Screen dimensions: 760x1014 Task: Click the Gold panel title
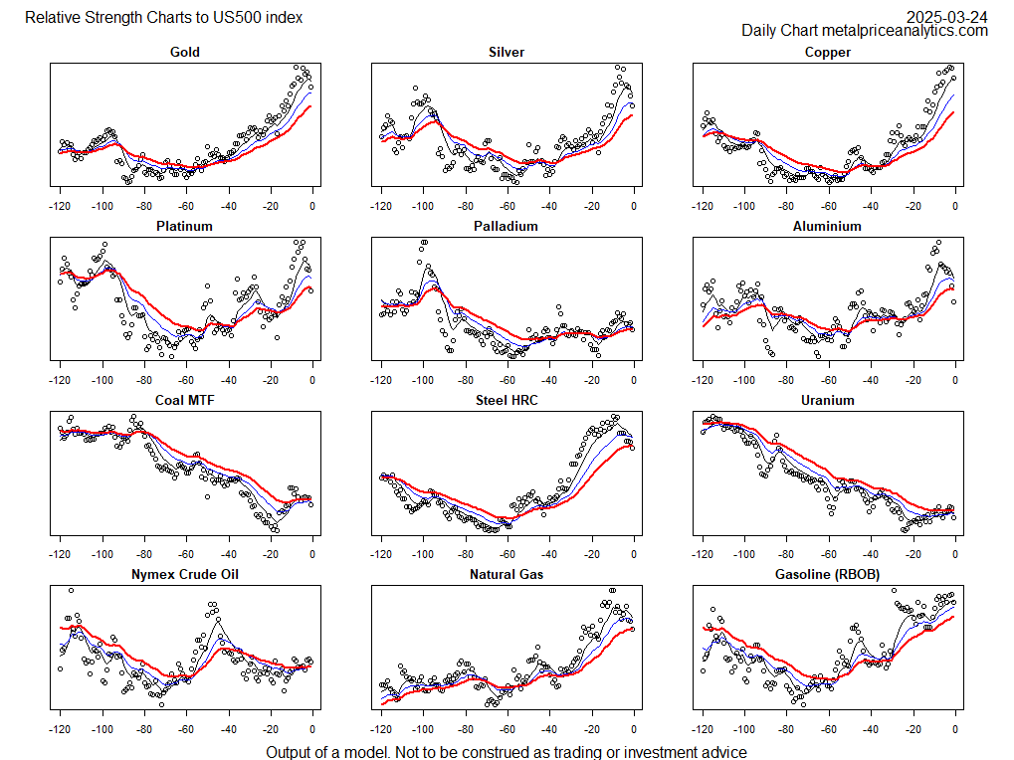(185, 52)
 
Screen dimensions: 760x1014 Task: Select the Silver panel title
(507, 52)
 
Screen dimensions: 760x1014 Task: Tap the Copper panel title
(828, 52)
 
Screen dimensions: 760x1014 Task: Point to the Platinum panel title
(185, 226)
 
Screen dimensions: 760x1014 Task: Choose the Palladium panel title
(507, 226)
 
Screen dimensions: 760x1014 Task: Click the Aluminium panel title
(828, 226)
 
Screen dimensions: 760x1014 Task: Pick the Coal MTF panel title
(185, 400)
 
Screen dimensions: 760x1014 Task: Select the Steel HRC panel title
(507, 400)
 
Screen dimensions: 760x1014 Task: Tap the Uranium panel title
(828, 400)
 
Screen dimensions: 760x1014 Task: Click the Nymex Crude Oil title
(185, 574)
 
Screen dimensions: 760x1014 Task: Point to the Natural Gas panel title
(507, 574)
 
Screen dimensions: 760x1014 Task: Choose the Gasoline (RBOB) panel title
(828, 574)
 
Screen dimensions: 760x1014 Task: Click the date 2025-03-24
(947, 17)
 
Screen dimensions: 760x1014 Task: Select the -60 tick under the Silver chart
(507, 206)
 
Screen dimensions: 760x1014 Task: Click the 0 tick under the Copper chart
(955, 206)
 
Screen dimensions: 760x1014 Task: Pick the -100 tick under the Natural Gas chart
(422, 728)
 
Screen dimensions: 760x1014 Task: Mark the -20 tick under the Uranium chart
(913, 554)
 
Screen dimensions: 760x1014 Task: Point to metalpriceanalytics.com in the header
(906, 31)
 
